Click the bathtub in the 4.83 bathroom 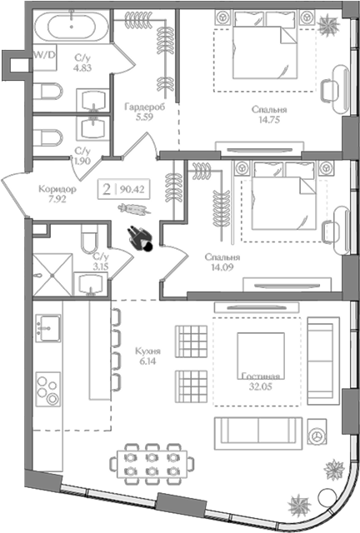click(x=72, y=26)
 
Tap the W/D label click(x=44, y=56)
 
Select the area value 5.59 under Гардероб click(x=144, y=117)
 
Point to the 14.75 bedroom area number click(x=269, y=120)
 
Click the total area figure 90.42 click(x=132, y=189)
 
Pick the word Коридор click(x=57, y=189)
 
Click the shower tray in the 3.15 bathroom click(x=52, y=275)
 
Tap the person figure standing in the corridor click(x=140, y=239)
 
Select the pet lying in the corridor click(x=134, y=209)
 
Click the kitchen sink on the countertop click(x=48, y=328)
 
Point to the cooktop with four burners click(x=48, y=389)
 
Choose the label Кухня click(x=147, y=351)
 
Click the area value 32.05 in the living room click(x=260, y=386)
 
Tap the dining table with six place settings click(x=152, y=464)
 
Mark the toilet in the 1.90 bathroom click(x=48, y=137)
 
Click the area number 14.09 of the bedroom click(x=222, y=267)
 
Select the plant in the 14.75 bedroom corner click(x=329, y=24)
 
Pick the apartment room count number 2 click(x=107, y=189)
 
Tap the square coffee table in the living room click(x=261, y=356)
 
